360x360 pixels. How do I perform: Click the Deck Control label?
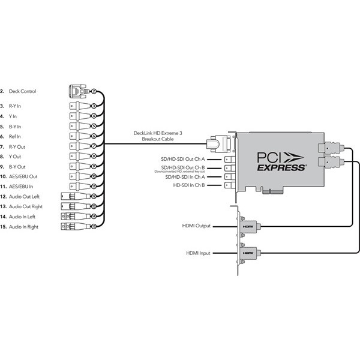22,91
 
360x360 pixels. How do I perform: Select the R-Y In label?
15,106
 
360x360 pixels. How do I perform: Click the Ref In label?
16,137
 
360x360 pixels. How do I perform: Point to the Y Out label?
15,156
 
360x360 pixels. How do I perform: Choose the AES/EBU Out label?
23,176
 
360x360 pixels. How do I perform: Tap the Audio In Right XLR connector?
72,226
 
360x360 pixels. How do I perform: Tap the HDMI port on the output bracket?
248,226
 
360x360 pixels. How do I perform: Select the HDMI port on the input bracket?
248,254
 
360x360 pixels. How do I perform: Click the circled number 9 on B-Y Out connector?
94,166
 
